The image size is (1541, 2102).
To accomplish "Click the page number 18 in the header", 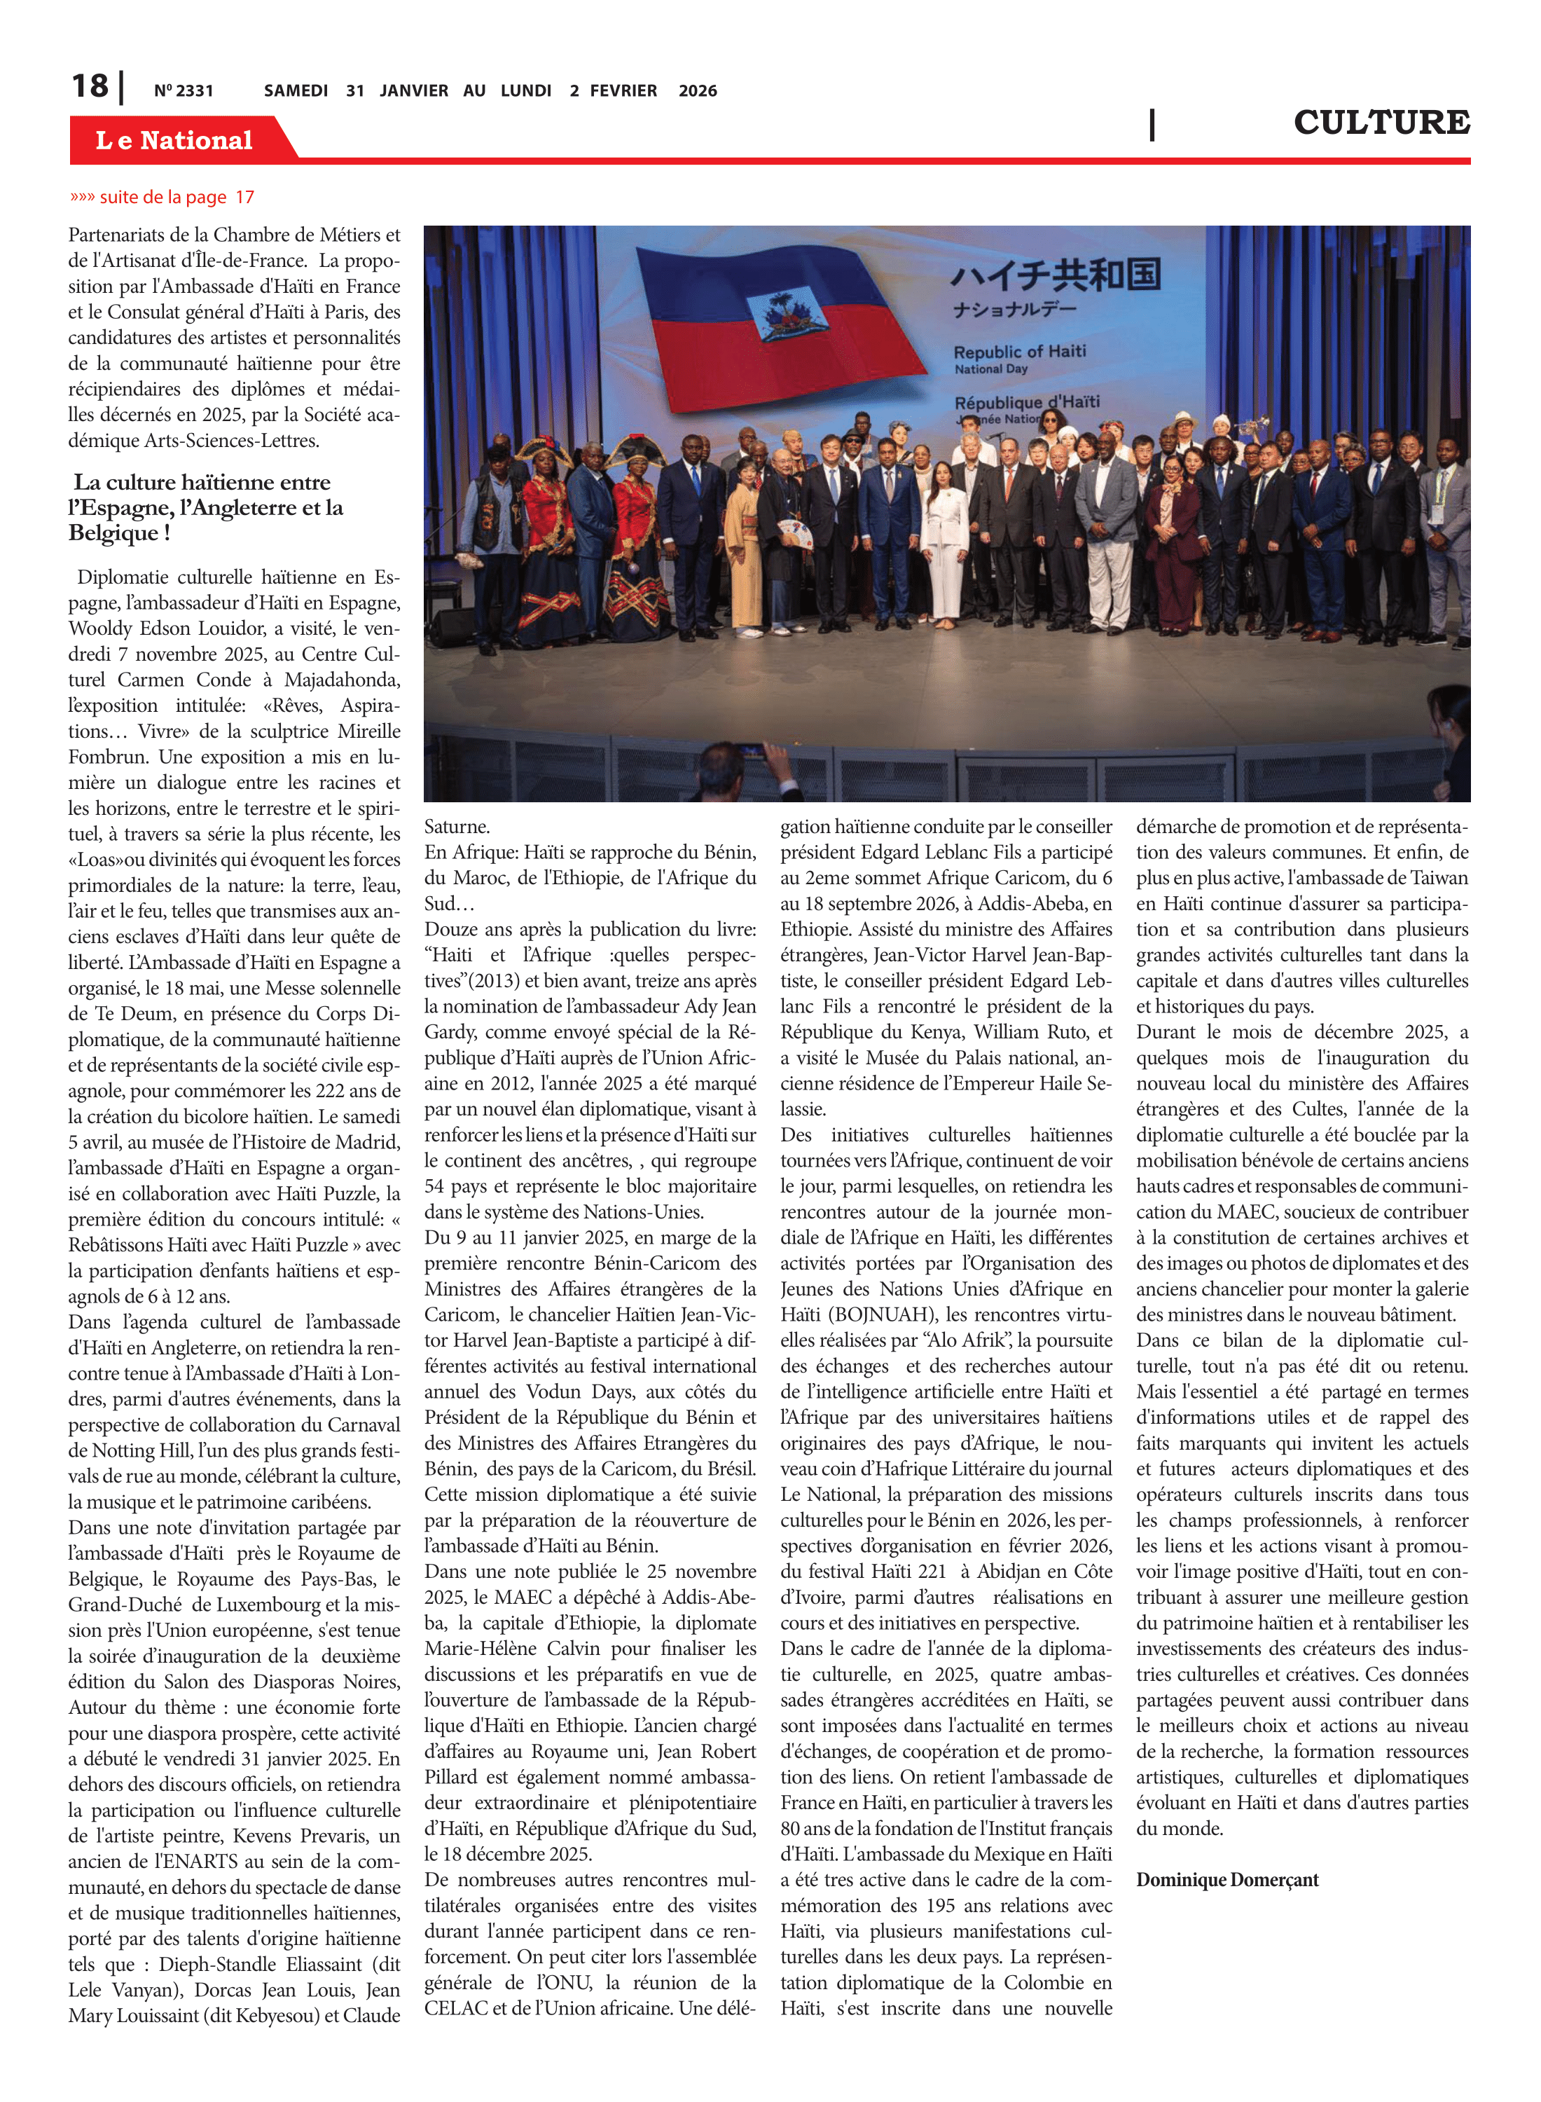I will pyautogui.click(x=90, y=86).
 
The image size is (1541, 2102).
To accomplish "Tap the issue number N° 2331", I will pyautogui.click(x=184, y=90).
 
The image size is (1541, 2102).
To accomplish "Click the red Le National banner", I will pyautogui.click(x=174, y=140).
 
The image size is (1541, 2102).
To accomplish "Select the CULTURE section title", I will pyautogui.click(x=1381, y=122).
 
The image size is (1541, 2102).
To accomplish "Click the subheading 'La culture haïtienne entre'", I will pyautogui.click(x=202, y=482).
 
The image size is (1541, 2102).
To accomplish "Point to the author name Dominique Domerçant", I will pyautogui.click(x=1226, y=1879).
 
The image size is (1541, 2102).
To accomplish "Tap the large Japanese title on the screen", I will pyautogui.click(x=1055, y=274).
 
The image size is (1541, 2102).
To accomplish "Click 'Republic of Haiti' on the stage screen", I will pyautogui.click(x=1020, y=352).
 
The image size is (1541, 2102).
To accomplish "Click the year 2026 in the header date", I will pyautogui.click(x=698, y=90).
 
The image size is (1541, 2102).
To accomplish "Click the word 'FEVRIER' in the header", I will pyautogui.click(x=623, y=90).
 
